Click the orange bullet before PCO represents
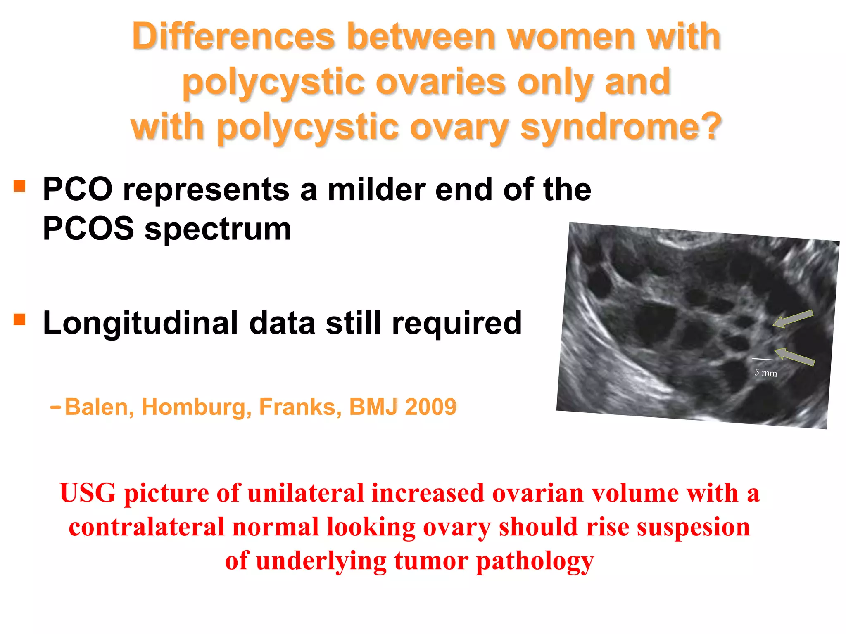19,186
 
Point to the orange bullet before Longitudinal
19,319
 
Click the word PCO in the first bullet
77,189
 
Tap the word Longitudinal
140,323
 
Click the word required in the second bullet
457,323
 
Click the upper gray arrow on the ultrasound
793,319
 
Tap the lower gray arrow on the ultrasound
794,357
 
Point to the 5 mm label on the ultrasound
765,373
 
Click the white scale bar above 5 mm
762,359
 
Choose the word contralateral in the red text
146,527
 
